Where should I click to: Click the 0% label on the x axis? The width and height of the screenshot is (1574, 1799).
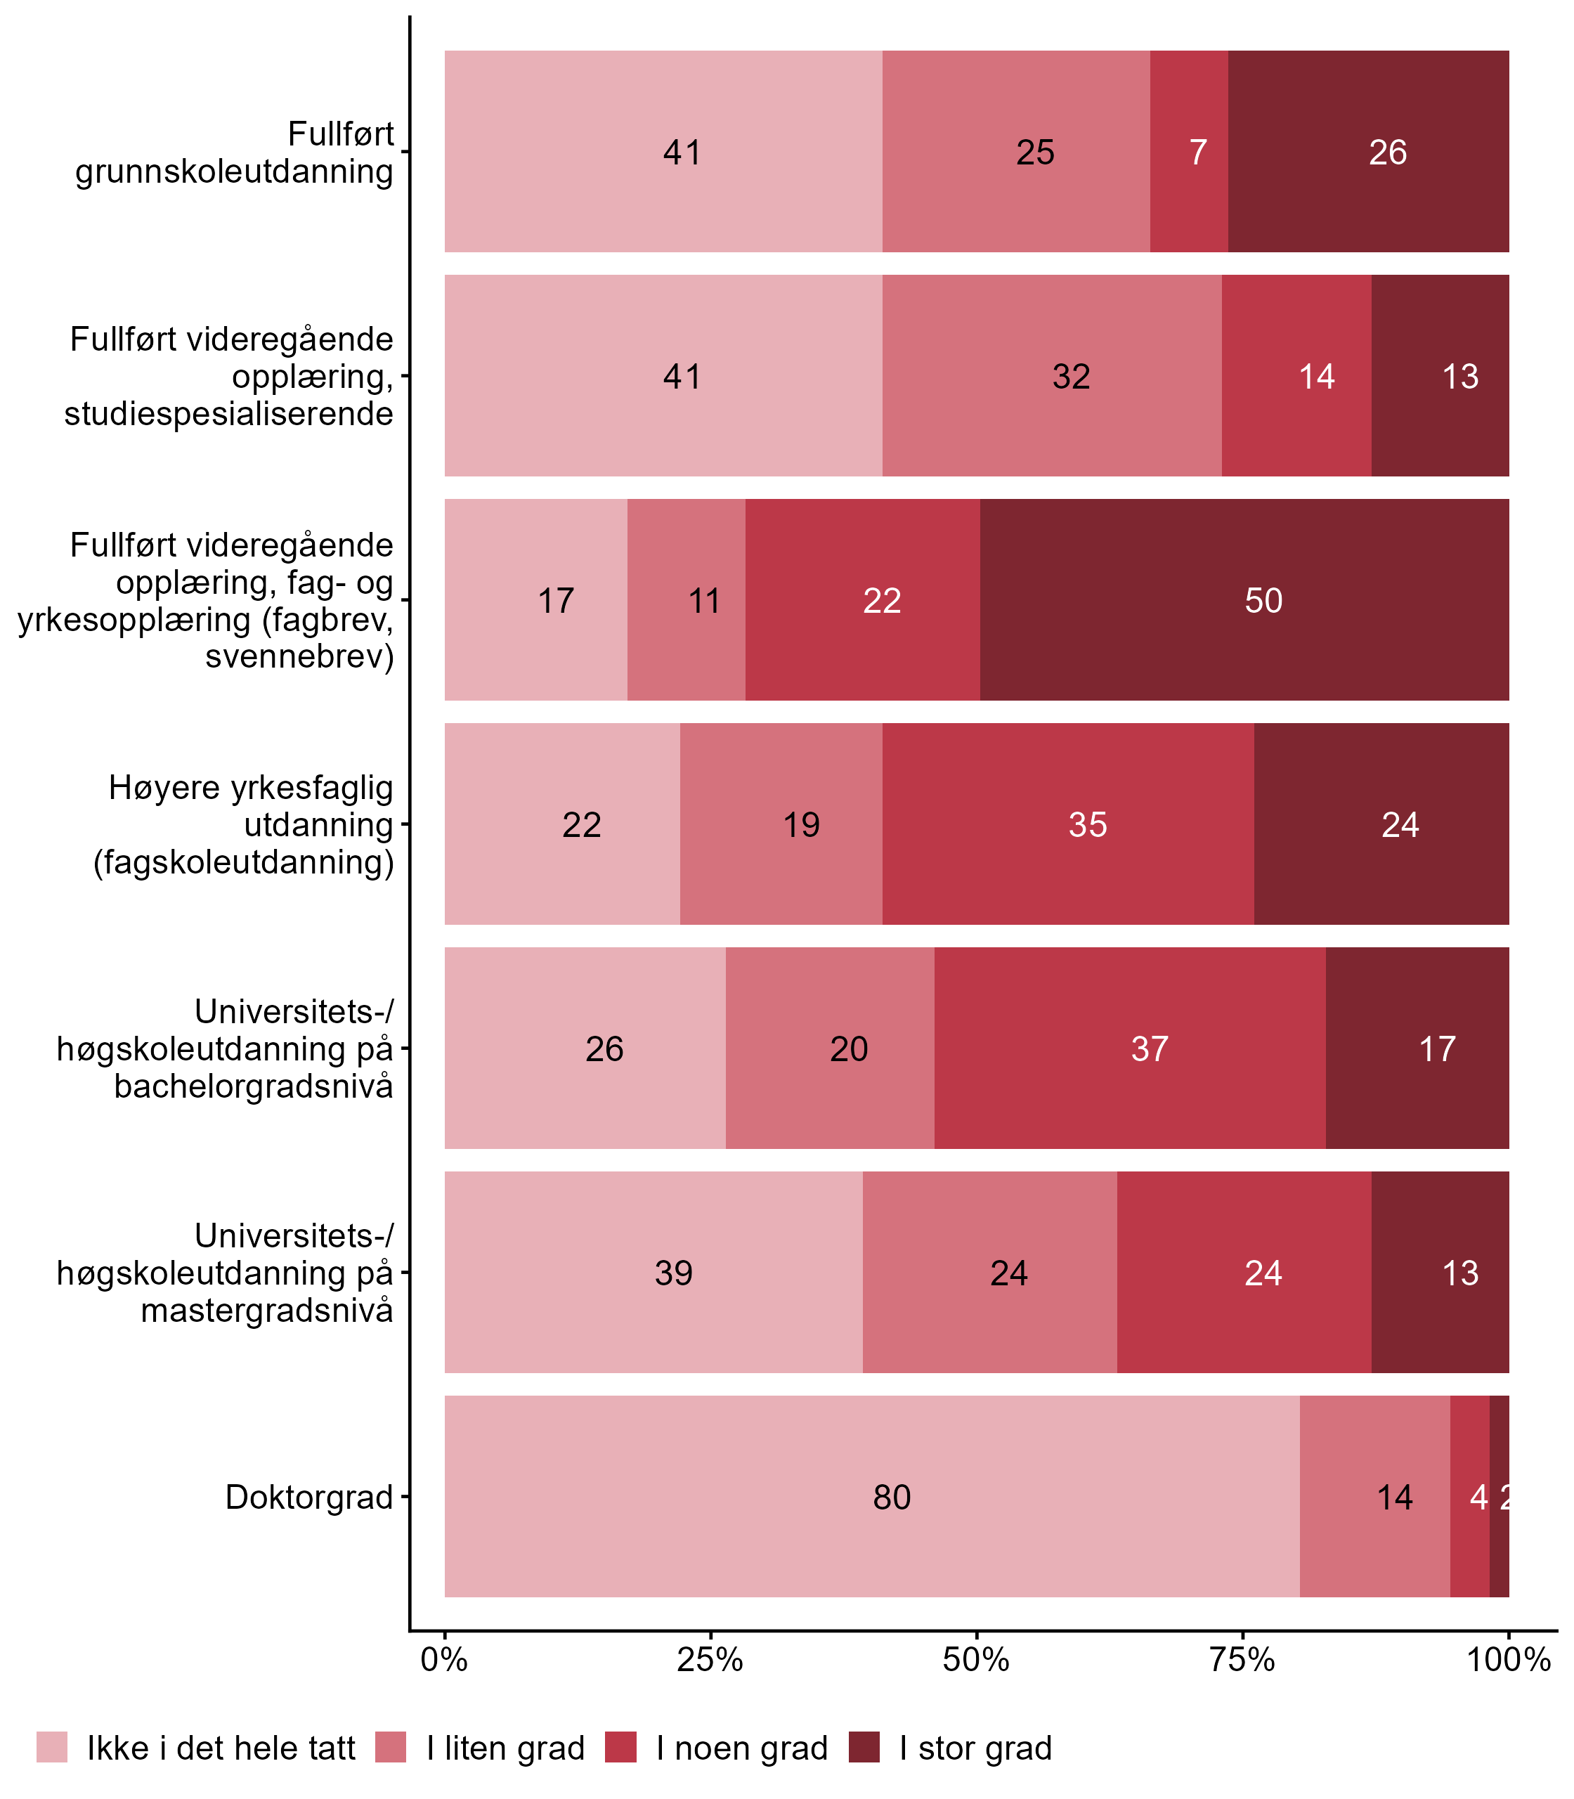pos(444,1659)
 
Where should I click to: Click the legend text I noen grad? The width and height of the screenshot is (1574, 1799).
pos(742,1748)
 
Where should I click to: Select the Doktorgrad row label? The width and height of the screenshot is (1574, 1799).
pos(309,1497)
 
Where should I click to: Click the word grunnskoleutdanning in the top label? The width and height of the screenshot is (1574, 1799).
pos(235,171)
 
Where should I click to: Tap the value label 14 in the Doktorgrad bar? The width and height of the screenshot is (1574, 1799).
pos(1394,1497)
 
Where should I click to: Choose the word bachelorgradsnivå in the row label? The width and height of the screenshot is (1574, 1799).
pos(254,1086)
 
